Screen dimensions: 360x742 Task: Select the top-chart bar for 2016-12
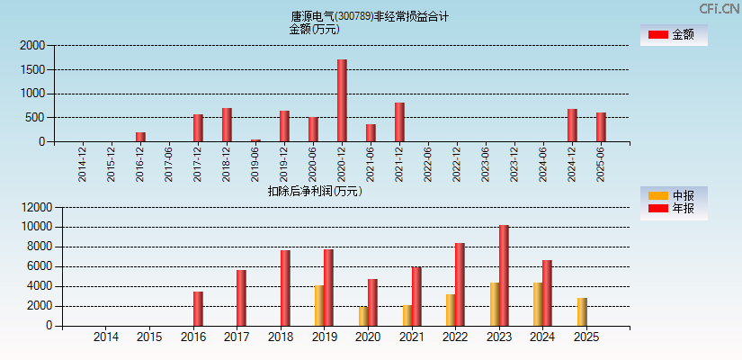point(140,137)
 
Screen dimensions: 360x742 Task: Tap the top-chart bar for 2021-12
point(399,122)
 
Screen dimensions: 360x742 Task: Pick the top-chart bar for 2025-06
point(601,127)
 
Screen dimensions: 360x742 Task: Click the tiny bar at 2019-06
point(255,140)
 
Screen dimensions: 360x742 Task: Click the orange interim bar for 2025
point(582,311)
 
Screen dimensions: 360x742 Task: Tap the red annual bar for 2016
point(198,309)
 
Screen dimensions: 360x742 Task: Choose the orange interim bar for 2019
point(319,305)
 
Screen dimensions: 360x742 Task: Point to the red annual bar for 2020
point(372,302)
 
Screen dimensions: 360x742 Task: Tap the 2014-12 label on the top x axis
point(83,165)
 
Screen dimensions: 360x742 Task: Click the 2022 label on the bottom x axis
point(455,337)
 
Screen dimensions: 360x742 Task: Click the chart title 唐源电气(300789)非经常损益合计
point(370,16)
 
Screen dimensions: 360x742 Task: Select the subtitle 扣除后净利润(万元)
point(314,191)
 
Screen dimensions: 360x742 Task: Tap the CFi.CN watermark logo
point(719,9)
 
